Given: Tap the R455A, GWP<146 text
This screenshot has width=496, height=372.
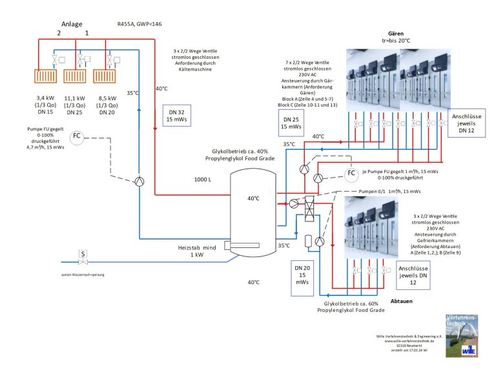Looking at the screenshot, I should [x=140, y=25].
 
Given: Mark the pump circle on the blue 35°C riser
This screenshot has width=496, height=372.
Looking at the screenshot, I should [x=139, y=181].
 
